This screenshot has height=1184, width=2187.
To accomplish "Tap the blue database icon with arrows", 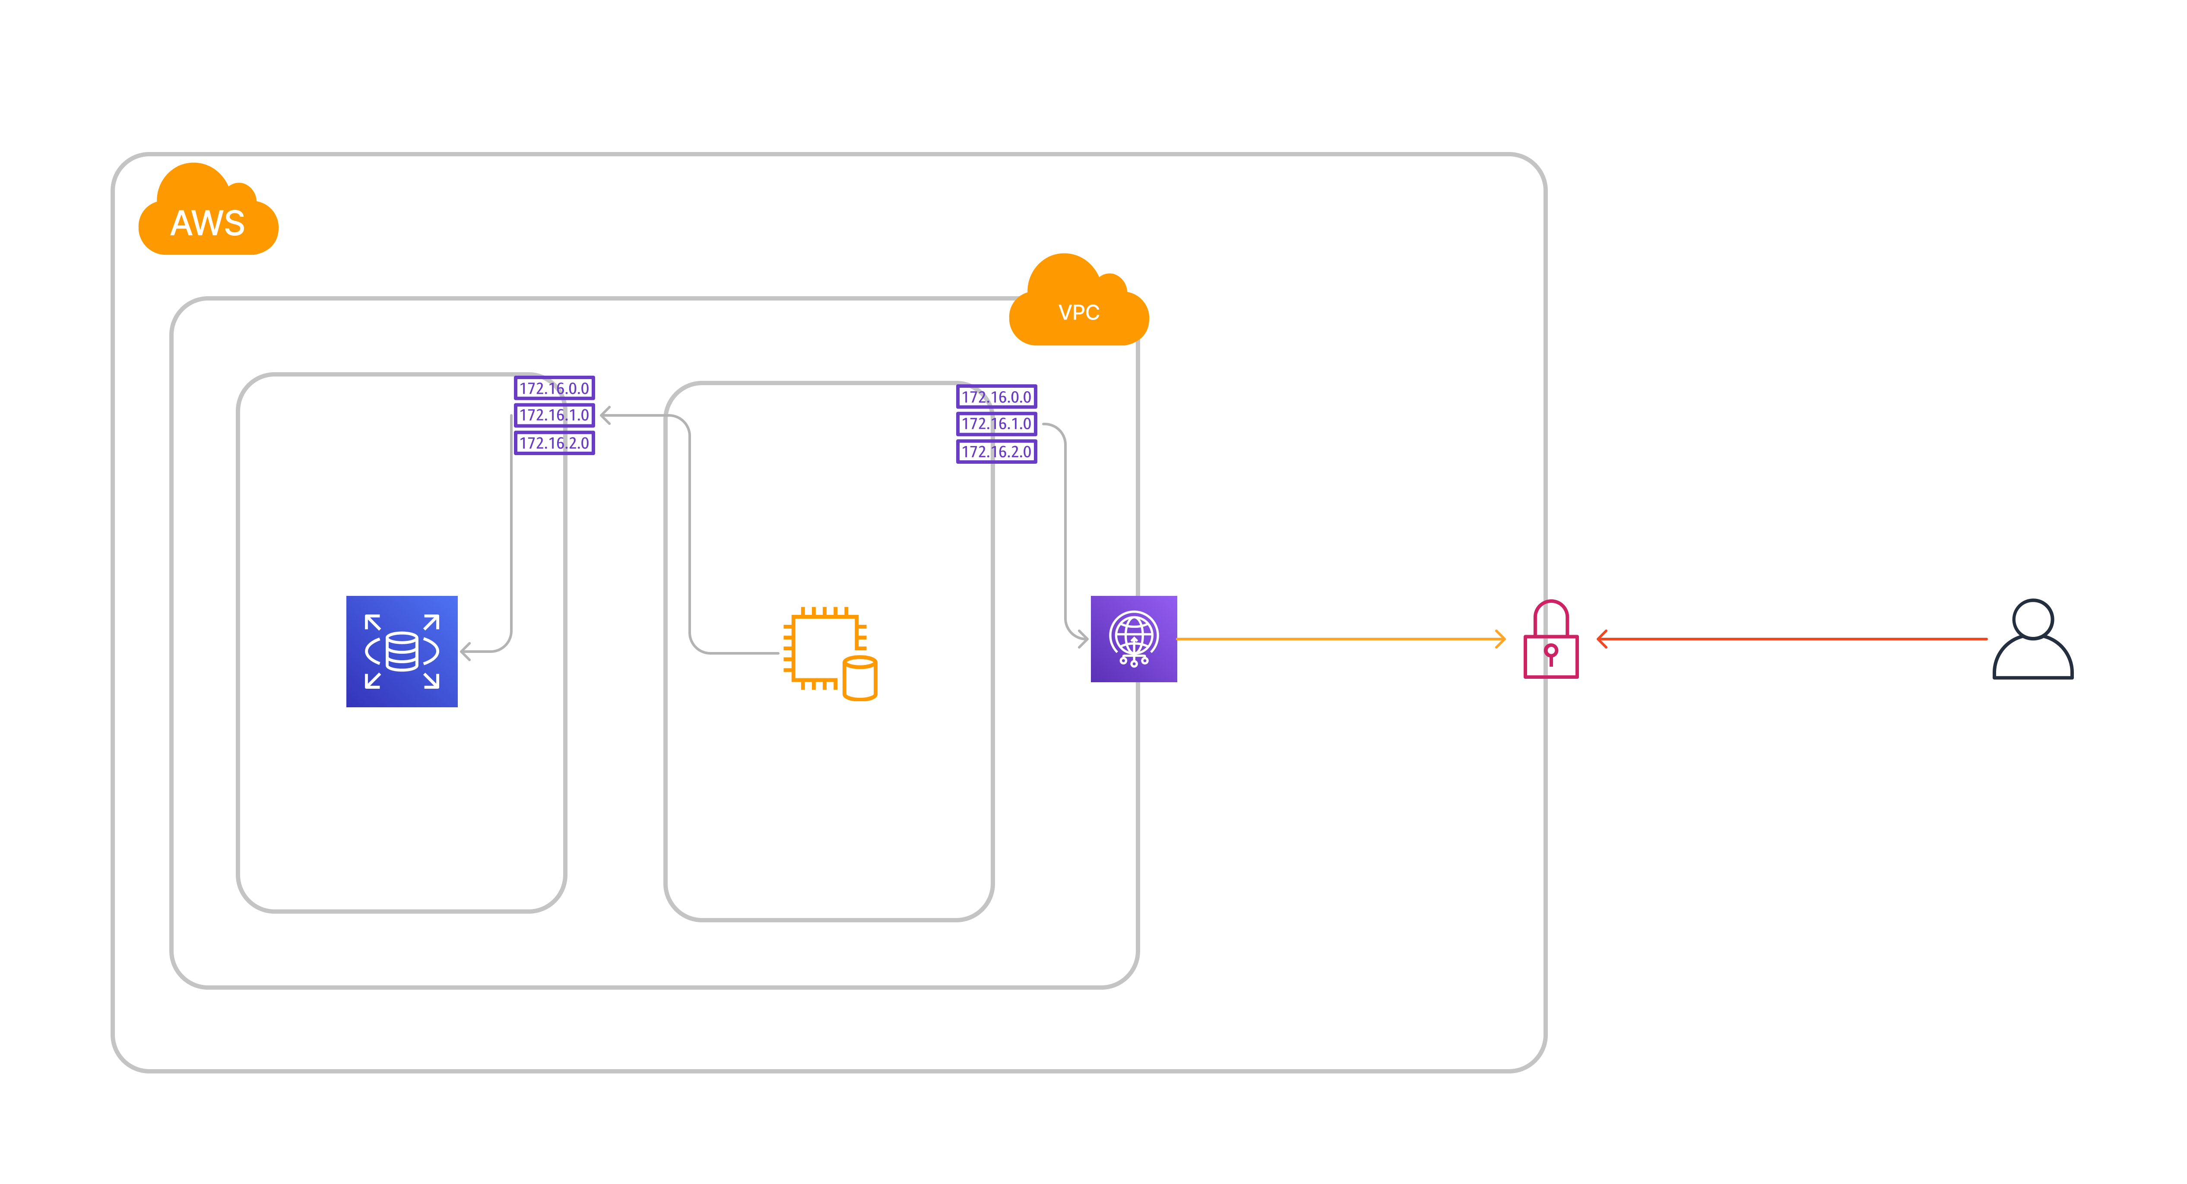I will point(402,651).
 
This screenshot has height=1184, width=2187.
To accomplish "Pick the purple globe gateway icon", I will point(1133,638).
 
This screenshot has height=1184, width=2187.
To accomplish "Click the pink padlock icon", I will point(1550,641).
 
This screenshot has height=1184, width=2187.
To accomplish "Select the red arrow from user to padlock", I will point(1791,638).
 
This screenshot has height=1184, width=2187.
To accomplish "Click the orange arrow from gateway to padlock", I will point(1341,638).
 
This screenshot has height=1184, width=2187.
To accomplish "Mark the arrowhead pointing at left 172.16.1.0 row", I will point(605,415).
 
